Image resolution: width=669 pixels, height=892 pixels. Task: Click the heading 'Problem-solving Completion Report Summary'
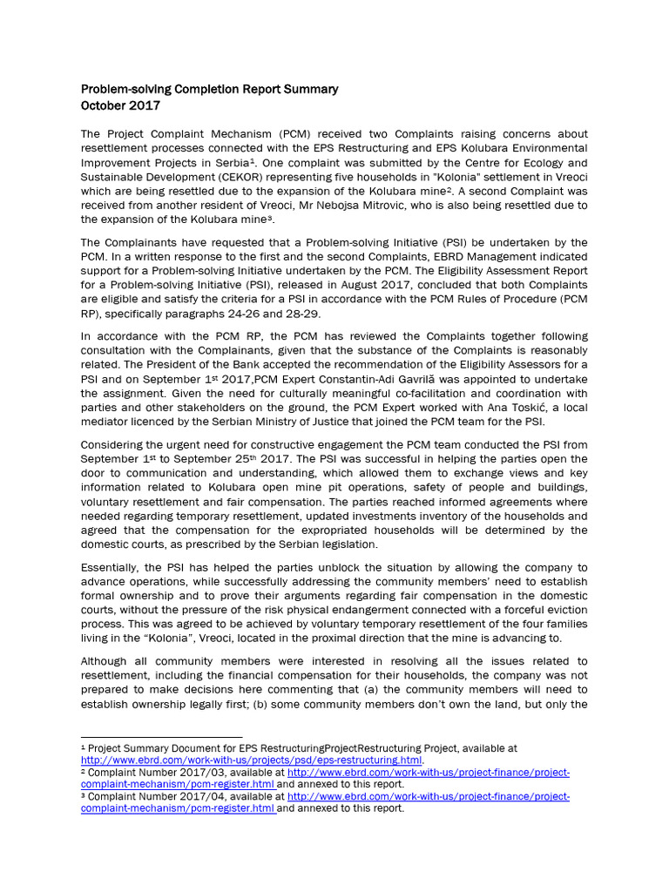click(x=209, y=89)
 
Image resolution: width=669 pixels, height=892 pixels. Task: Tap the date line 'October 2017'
click(x=120, y=105)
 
